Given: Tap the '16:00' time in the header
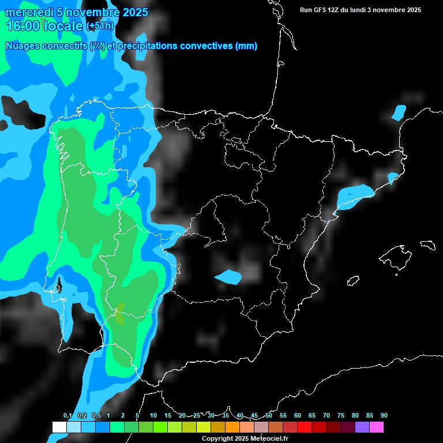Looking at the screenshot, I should (22, 26).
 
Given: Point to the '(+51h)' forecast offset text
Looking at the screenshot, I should (100, 26).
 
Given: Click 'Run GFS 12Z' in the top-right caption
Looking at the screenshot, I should (320, 10).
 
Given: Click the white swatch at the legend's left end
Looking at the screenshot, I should (59, 427).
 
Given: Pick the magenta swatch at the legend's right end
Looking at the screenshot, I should (376, 427).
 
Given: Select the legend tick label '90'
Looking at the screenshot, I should (384, 416).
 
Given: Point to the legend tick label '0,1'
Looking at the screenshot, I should (67, 416).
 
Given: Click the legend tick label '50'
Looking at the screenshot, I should (269, 416).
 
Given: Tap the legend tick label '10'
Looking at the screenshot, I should (153, 416).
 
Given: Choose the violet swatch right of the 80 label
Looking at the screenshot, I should (362, 427).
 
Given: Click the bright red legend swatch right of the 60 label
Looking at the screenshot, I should (304, 427).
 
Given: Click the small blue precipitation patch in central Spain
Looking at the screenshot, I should (228, 277).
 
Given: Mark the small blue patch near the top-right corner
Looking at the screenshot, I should (399, 112).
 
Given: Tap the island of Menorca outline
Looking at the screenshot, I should (427, 245).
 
